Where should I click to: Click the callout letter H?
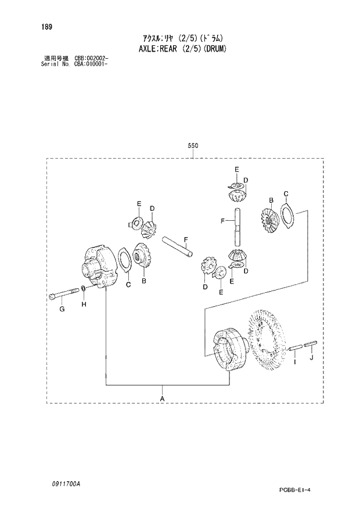click(x=84, y=304)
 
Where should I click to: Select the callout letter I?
click(x=294, y=363)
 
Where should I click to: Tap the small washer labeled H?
click(x=84, y=290)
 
